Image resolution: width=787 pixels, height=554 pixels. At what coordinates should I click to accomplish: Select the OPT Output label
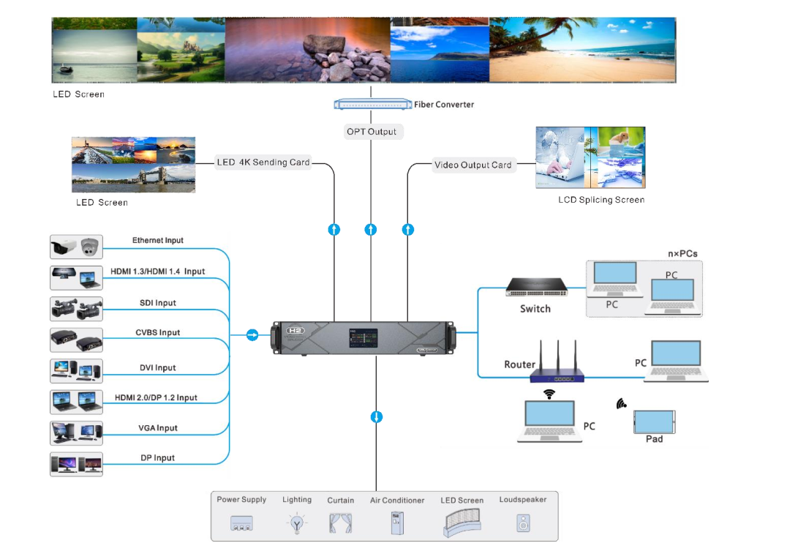click(372, 132)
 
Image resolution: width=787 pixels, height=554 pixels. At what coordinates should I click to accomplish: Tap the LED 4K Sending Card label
click(263, 162)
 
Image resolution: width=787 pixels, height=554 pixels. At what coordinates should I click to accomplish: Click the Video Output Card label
click(472, 165)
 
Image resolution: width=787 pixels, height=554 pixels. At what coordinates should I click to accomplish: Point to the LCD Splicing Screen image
click(590, 158)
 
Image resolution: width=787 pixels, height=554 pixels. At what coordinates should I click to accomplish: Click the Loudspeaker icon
click(523, 523)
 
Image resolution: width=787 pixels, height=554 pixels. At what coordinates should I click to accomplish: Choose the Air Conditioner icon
click(396, 523)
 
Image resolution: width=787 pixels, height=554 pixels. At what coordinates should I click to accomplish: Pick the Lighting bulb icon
click(296, 523)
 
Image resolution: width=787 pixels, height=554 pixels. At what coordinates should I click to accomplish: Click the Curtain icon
click(340, 523)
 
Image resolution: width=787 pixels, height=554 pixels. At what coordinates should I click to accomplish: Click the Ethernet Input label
click(158, 241)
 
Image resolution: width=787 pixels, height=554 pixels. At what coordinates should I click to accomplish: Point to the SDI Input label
click(158, 303)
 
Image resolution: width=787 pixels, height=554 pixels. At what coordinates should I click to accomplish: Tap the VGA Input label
click(158, 428)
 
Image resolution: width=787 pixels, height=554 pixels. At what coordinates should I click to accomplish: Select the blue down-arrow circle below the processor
click(377, 417)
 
